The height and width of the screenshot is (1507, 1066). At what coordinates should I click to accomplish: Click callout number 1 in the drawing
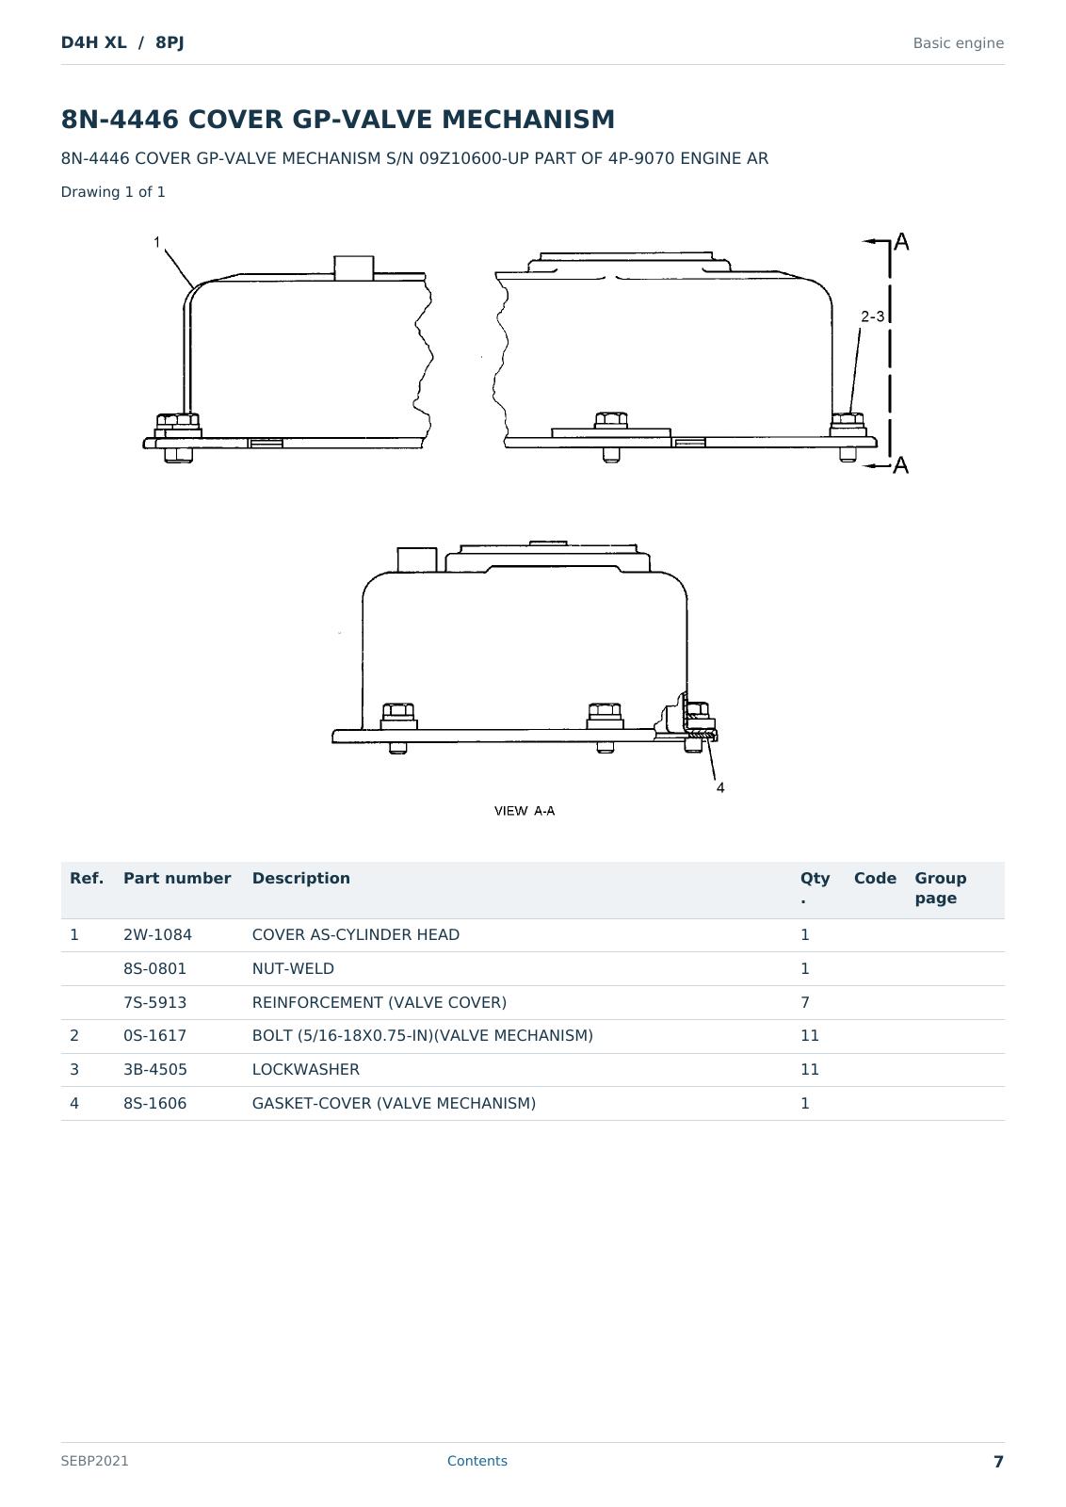[x=156, y=242]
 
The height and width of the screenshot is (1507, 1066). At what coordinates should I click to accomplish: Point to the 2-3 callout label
[x=872, y=316]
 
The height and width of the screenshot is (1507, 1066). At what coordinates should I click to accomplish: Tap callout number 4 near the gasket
[x=720, y=787]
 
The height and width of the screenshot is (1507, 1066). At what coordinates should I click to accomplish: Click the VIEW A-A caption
[x=525, y=811]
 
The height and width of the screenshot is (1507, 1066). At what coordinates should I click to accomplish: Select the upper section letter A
[x=901, y=242]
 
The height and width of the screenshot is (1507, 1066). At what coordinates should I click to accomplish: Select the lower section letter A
[x=901, y=465]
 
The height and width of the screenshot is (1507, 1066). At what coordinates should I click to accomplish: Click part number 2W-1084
[x=157, y=934]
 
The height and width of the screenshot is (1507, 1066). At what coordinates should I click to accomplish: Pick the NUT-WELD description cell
[x=293, y=968]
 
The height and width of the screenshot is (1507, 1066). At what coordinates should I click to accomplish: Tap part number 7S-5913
[x=154, y=1002]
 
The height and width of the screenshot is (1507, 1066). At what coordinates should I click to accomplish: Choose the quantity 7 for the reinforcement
[x=805, y=1002]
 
